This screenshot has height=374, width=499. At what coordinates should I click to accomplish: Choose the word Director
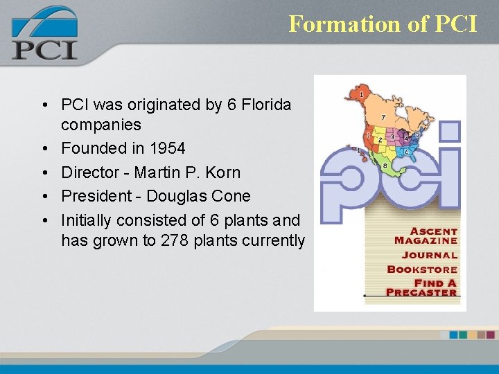point(86,172)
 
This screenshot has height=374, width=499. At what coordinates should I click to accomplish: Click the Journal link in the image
point(432,255)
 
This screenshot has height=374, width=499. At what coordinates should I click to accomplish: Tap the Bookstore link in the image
point(422,269)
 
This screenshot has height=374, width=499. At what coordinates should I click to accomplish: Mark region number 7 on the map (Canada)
point(384,117)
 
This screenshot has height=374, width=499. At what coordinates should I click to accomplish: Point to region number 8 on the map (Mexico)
point(384,166)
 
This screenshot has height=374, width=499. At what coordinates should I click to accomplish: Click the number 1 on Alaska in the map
point(361,93)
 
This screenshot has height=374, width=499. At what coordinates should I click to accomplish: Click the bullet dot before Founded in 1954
point(44,149)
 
